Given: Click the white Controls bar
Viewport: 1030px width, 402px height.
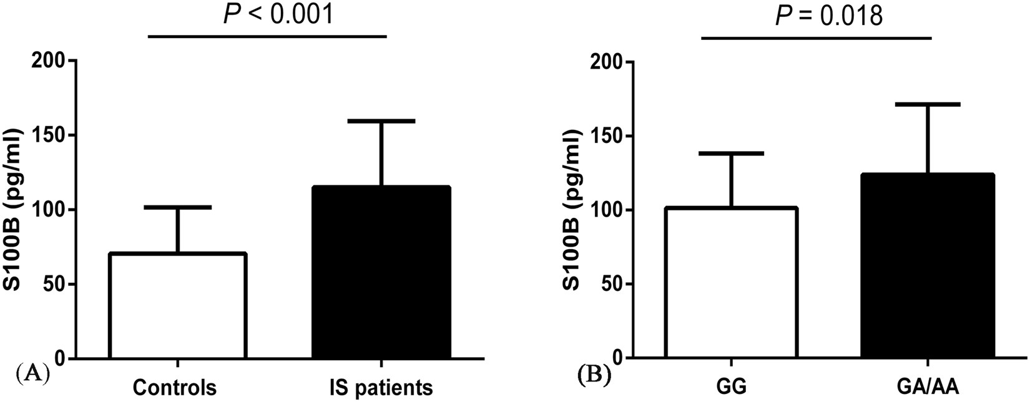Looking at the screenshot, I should point(178,306).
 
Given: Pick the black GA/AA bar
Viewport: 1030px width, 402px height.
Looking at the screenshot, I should point(927,266).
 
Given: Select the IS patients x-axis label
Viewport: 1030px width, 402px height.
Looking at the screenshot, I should point(380,387).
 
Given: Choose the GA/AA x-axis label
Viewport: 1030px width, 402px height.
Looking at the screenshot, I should point(927,387).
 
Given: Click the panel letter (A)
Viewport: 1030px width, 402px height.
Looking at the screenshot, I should point(31,375).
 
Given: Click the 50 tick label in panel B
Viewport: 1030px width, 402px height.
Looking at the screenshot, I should point(615,284).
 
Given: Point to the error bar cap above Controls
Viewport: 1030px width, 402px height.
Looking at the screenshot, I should point(178,207).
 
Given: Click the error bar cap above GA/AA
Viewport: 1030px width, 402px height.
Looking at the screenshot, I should point(927,104).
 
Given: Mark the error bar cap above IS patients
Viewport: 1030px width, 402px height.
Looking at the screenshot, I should point(380,120).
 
